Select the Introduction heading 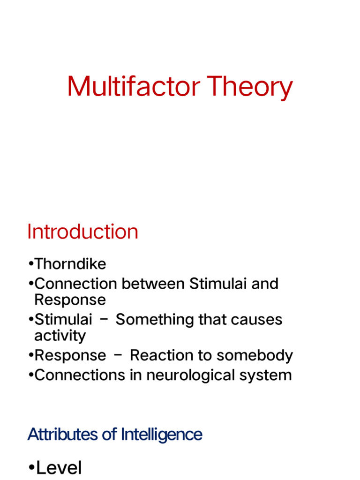pos(82,232)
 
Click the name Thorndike pos(70,264)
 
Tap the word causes pos(259,320)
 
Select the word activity pos(60,336)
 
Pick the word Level pos(59,468)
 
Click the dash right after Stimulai pos(104,320)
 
